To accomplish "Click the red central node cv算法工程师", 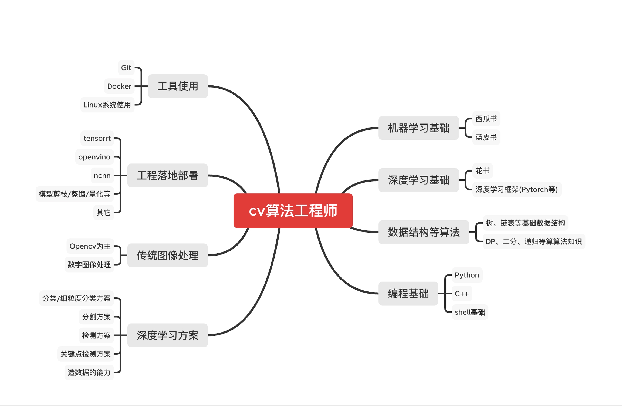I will point(293,211).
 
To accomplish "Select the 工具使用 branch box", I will point(178,86).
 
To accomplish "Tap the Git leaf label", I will point(126,68).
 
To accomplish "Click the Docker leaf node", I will point(119,86).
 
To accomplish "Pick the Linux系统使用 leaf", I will point(107,105).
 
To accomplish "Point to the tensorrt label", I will point(97,138).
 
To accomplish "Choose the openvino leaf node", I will point(94,157).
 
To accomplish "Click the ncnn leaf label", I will point(102,176).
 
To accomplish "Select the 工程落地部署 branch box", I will point(167,176).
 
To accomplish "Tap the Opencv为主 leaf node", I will point(90,246).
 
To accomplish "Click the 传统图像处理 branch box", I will point(167,255).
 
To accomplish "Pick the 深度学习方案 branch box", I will point(167,335).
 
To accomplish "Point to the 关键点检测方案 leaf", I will point(86,354).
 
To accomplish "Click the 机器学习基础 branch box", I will point(418,128).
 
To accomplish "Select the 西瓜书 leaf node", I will point(486,119).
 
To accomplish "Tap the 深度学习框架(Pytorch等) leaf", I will point(516,189).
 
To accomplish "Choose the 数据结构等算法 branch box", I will point(424,232).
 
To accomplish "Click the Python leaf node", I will point(467,275).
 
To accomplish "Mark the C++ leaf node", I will point(462,294).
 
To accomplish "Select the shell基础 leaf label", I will point(470,312).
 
